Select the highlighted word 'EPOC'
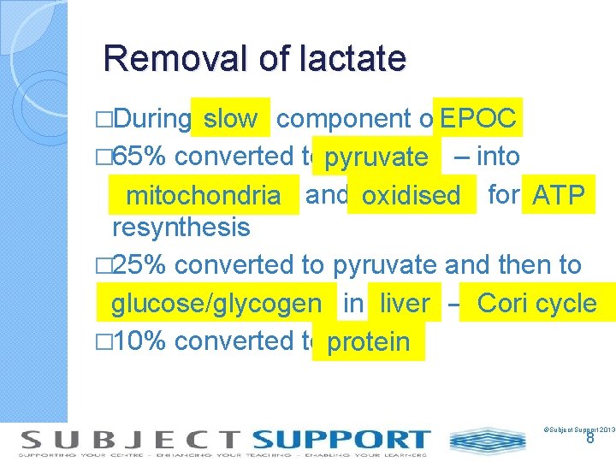tap(478, 119)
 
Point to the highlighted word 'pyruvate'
tap(376, 157)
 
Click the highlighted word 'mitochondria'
tap(203, 196)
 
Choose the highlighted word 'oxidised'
tap(411, 196)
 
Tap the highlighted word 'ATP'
tap(558, 195)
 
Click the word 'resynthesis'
tap(181, 228)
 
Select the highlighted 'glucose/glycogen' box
tap(216, 304)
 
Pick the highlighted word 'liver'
tap(405, 304)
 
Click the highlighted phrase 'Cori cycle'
tap(536, 303)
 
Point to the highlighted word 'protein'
tap(369, 342)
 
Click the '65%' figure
tap(142, 157)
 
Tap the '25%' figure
tap(142, 265)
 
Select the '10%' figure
tap(142, 341)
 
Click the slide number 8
tap(589, 438)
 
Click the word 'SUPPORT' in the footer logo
tap(341, 440)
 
